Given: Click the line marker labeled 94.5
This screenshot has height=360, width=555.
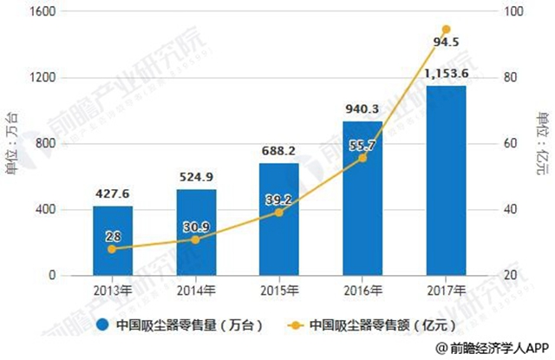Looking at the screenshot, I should pyautogui.click(x=446, y=29).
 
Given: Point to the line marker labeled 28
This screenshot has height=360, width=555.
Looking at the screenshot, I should pyautogui.click(x=113, y=249).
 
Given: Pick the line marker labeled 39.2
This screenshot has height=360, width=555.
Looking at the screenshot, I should pyautogui.click(x=279, y=212).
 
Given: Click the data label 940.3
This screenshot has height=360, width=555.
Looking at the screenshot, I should pyautogui.click(x=362, y=110).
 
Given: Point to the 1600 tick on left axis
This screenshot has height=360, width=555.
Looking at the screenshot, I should pyautogui.click(x=42, y=12).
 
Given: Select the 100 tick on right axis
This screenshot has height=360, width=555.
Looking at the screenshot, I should pyautogui.click(x=517, y=12).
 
